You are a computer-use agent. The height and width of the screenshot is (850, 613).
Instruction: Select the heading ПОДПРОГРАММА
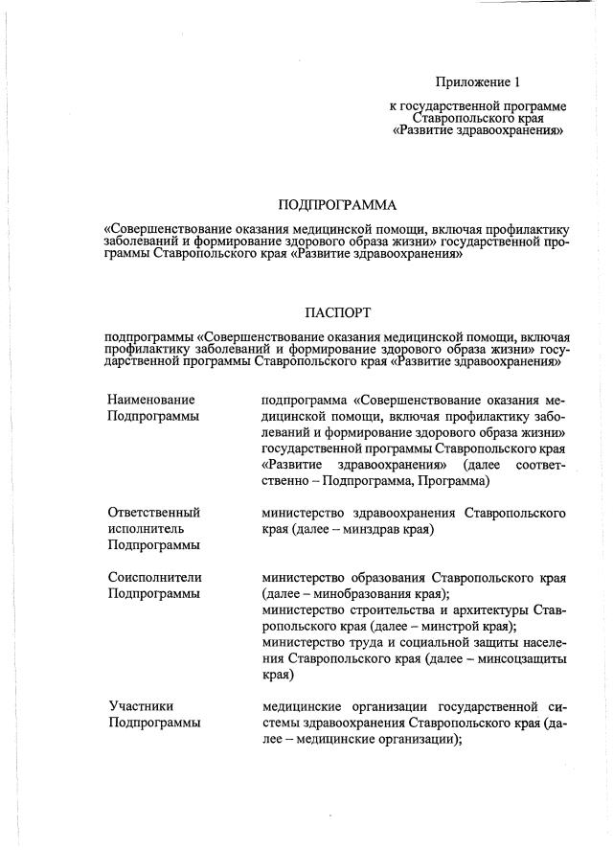[336, 205]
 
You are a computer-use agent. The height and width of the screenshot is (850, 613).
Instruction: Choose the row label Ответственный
[153, 512]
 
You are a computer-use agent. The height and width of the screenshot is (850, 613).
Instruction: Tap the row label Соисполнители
[154, 578]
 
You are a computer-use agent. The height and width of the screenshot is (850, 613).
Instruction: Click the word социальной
[428, 643]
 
